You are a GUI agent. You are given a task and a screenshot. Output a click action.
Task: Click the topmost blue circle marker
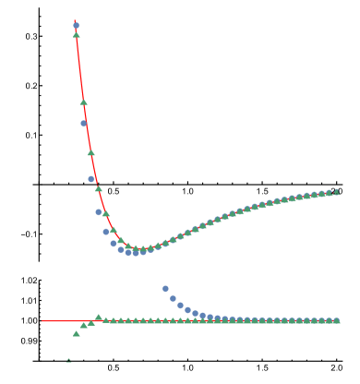(x=76, y=26)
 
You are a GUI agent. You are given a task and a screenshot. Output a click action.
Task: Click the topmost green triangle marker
(x=76, y=34)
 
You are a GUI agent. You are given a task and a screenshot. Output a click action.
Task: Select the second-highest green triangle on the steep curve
(x=83, y=102)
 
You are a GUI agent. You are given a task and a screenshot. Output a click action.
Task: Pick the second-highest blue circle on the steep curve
(x=83, y=123)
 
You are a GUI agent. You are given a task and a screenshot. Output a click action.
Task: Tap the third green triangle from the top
(x=90, y=152)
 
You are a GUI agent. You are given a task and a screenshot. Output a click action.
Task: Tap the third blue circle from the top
(x=91, y=179)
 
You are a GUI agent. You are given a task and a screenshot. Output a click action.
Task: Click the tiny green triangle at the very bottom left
(x=68, y=360)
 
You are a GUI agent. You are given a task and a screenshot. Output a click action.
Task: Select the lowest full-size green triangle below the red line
(x=76, y=333)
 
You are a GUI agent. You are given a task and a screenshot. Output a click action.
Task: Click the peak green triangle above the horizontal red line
(x=98, y=317)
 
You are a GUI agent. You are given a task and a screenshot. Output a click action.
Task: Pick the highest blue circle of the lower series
(x=165, y=289)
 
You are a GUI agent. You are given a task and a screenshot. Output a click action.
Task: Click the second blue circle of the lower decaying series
(x=173, y=298)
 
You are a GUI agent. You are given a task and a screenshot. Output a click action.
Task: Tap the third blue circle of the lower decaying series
(x=180, y=305)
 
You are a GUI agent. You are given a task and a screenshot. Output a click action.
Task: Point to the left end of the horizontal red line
(x=42, y=320)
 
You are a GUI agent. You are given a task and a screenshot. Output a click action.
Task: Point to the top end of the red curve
(x=74, y=20)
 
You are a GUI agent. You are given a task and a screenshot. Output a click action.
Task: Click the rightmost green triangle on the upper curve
(x=336, y=191)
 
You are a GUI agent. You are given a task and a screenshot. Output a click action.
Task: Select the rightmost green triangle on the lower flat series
(x=336, y=320)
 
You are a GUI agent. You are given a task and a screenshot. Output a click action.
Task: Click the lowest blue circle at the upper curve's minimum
(x=136, y=252)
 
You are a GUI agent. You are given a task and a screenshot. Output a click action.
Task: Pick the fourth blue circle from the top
(x=99, y=211)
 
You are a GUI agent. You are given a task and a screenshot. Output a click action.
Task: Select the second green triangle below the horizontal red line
(x=83, y=325)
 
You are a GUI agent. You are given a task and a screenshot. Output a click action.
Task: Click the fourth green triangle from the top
(x=98, y=188)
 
